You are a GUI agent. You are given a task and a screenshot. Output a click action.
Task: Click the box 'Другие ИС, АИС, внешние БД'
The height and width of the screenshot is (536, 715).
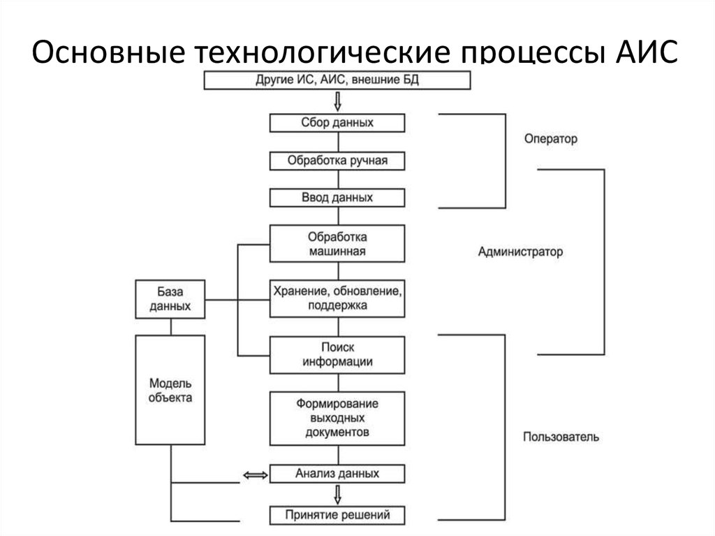(x=337, y=81)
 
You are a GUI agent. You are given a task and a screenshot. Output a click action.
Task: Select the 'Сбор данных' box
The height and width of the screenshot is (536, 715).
(x=337, y=123)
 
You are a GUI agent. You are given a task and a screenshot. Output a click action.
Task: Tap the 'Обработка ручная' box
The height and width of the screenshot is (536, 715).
(x=337, y=161)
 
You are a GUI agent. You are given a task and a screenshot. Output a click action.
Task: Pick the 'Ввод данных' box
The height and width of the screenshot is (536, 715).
(x=337, y=198)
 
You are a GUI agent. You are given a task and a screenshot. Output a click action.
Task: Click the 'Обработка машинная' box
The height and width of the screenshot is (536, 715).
(x=337, y=243)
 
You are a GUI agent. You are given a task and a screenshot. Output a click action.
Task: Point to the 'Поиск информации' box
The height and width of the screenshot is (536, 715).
(x=337, y=354)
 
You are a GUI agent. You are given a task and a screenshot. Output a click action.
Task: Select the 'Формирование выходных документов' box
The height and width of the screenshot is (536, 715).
(x=337, y=418)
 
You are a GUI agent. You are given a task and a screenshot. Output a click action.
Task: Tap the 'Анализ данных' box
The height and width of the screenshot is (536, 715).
(x=337, y=474)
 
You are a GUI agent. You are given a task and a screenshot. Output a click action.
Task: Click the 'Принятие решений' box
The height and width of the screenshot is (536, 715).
(x=337, y=516)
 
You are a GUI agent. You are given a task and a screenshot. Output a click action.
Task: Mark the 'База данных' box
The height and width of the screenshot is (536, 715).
(x=170, y=299)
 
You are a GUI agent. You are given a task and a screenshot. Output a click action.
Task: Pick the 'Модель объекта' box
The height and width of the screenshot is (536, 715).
(x=170, y=391)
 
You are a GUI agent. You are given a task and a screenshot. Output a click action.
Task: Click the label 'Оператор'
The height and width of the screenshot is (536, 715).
(x=551, y=139)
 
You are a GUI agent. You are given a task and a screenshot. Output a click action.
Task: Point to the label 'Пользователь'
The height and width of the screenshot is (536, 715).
(x=561, y=437)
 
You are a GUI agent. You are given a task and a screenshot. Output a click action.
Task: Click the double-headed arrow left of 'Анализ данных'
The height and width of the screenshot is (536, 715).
(x=255, y=475)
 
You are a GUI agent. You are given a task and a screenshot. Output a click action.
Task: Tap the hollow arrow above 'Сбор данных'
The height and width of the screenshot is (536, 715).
(x=338, y=102)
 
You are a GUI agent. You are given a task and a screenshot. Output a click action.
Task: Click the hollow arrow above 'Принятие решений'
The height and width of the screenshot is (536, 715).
(x=338, y=495)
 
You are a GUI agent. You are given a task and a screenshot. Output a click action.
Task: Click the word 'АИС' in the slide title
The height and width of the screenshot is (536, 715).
(x=646, y=55)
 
